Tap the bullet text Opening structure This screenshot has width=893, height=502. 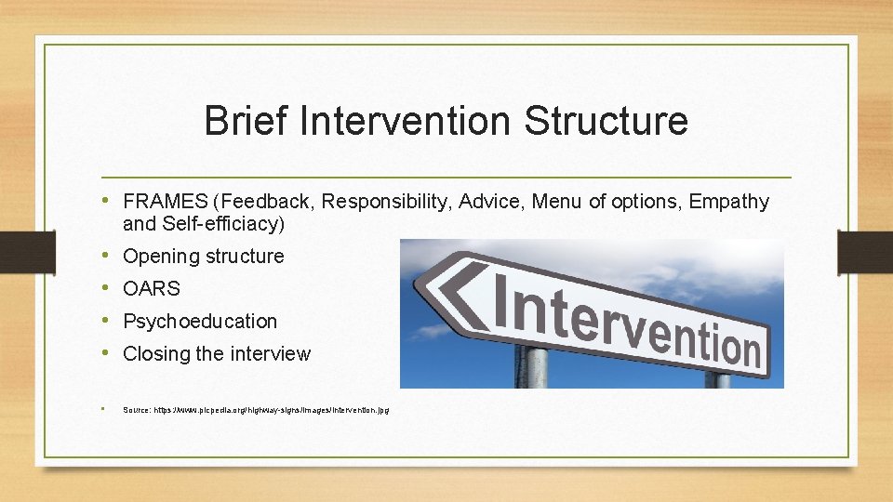(203, 257)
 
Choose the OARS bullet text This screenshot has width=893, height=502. (152, 289)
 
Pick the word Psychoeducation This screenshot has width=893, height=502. (200, 322)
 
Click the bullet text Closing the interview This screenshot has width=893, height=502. (216, 354)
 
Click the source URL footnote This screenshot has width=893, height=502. (256, 409)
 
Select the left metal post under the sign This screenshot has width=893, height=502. (533, 367)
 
